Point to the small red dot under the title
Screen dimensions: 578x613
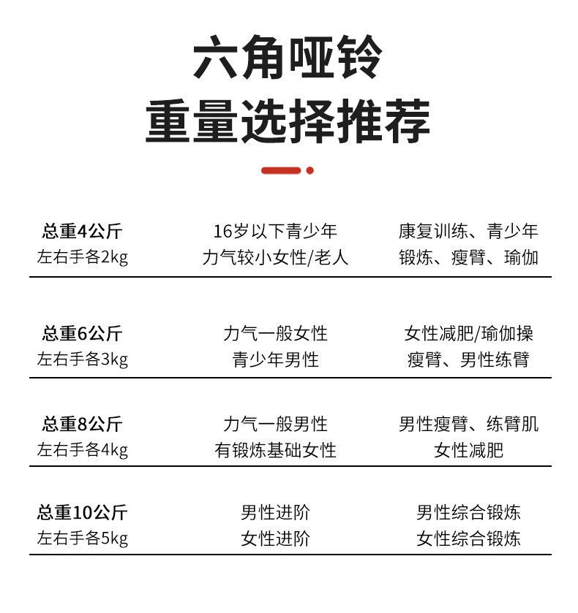click(x=310, y=170)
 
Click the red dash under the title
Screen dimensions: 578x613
click(x=281, y=170)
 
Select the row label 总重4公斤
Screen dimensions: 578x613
click(x=82, y=232)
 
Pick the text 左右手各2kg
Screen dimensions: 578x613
click(x=82, y=258)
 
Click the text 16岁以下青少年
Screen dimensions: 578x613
click(x=275, y=232)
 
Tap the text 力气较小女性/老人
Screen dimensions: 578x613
click(x=275, y=258)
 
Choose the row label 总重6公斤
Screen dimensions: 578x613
click(x=82, y=334)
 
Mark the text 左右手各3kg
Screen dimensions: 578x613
click(x=82, y=359)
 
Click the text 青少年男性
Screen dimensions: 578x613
click(x=275, y=359)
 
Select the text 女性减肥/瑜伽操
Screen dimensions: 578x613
click(x=468, y=334)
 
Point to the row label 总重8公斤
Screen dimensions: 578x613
click(x=82, y=424)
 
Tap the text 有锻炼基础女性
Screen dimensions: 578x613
click(x=275, y=450)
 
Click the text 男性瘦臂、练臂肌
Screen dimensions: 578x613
click(x=468, y=424)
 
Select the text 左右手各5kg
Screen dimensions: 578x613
click(x=82, y=539)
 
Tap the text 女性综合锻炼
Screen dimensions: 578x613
click(x=468, y=539)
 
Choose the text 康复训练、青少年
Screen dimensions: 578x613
click(x=468, y=232)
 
